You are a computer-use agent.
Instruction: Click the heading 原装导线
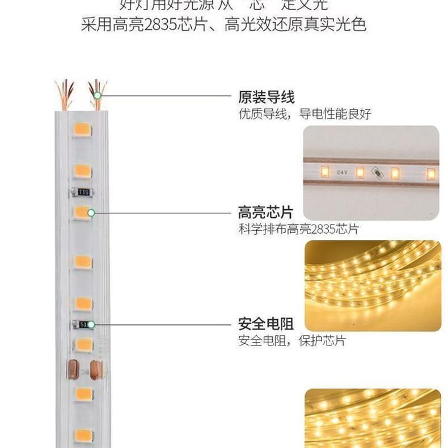coord(267,96)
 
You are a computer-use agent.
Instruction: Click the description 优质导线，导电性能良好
coord(305,114)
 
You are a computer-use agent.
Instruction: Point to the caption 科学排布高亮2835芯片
coord(298,230)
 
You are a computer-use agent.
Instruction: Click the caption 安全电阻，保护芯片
coord(291,341)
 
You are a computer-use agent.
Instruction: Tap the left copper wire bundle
coord(65,94)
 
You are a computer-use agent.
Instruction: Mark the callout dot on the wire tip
coord(98,95)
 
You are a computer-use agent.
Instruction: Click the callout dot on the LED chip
coord(91,213)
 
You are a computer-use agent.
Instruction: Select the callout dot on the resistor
coord(90,324)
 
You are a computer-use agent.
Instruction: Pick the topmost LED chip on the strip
coord(82,130)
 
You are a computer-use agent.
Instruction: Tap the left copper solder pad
coord(73,370)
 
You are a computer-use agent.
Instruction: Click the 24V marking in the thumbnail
coord(341,171)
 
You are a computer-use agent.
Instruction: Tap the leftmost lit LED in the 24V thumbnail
coord(325,171)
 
